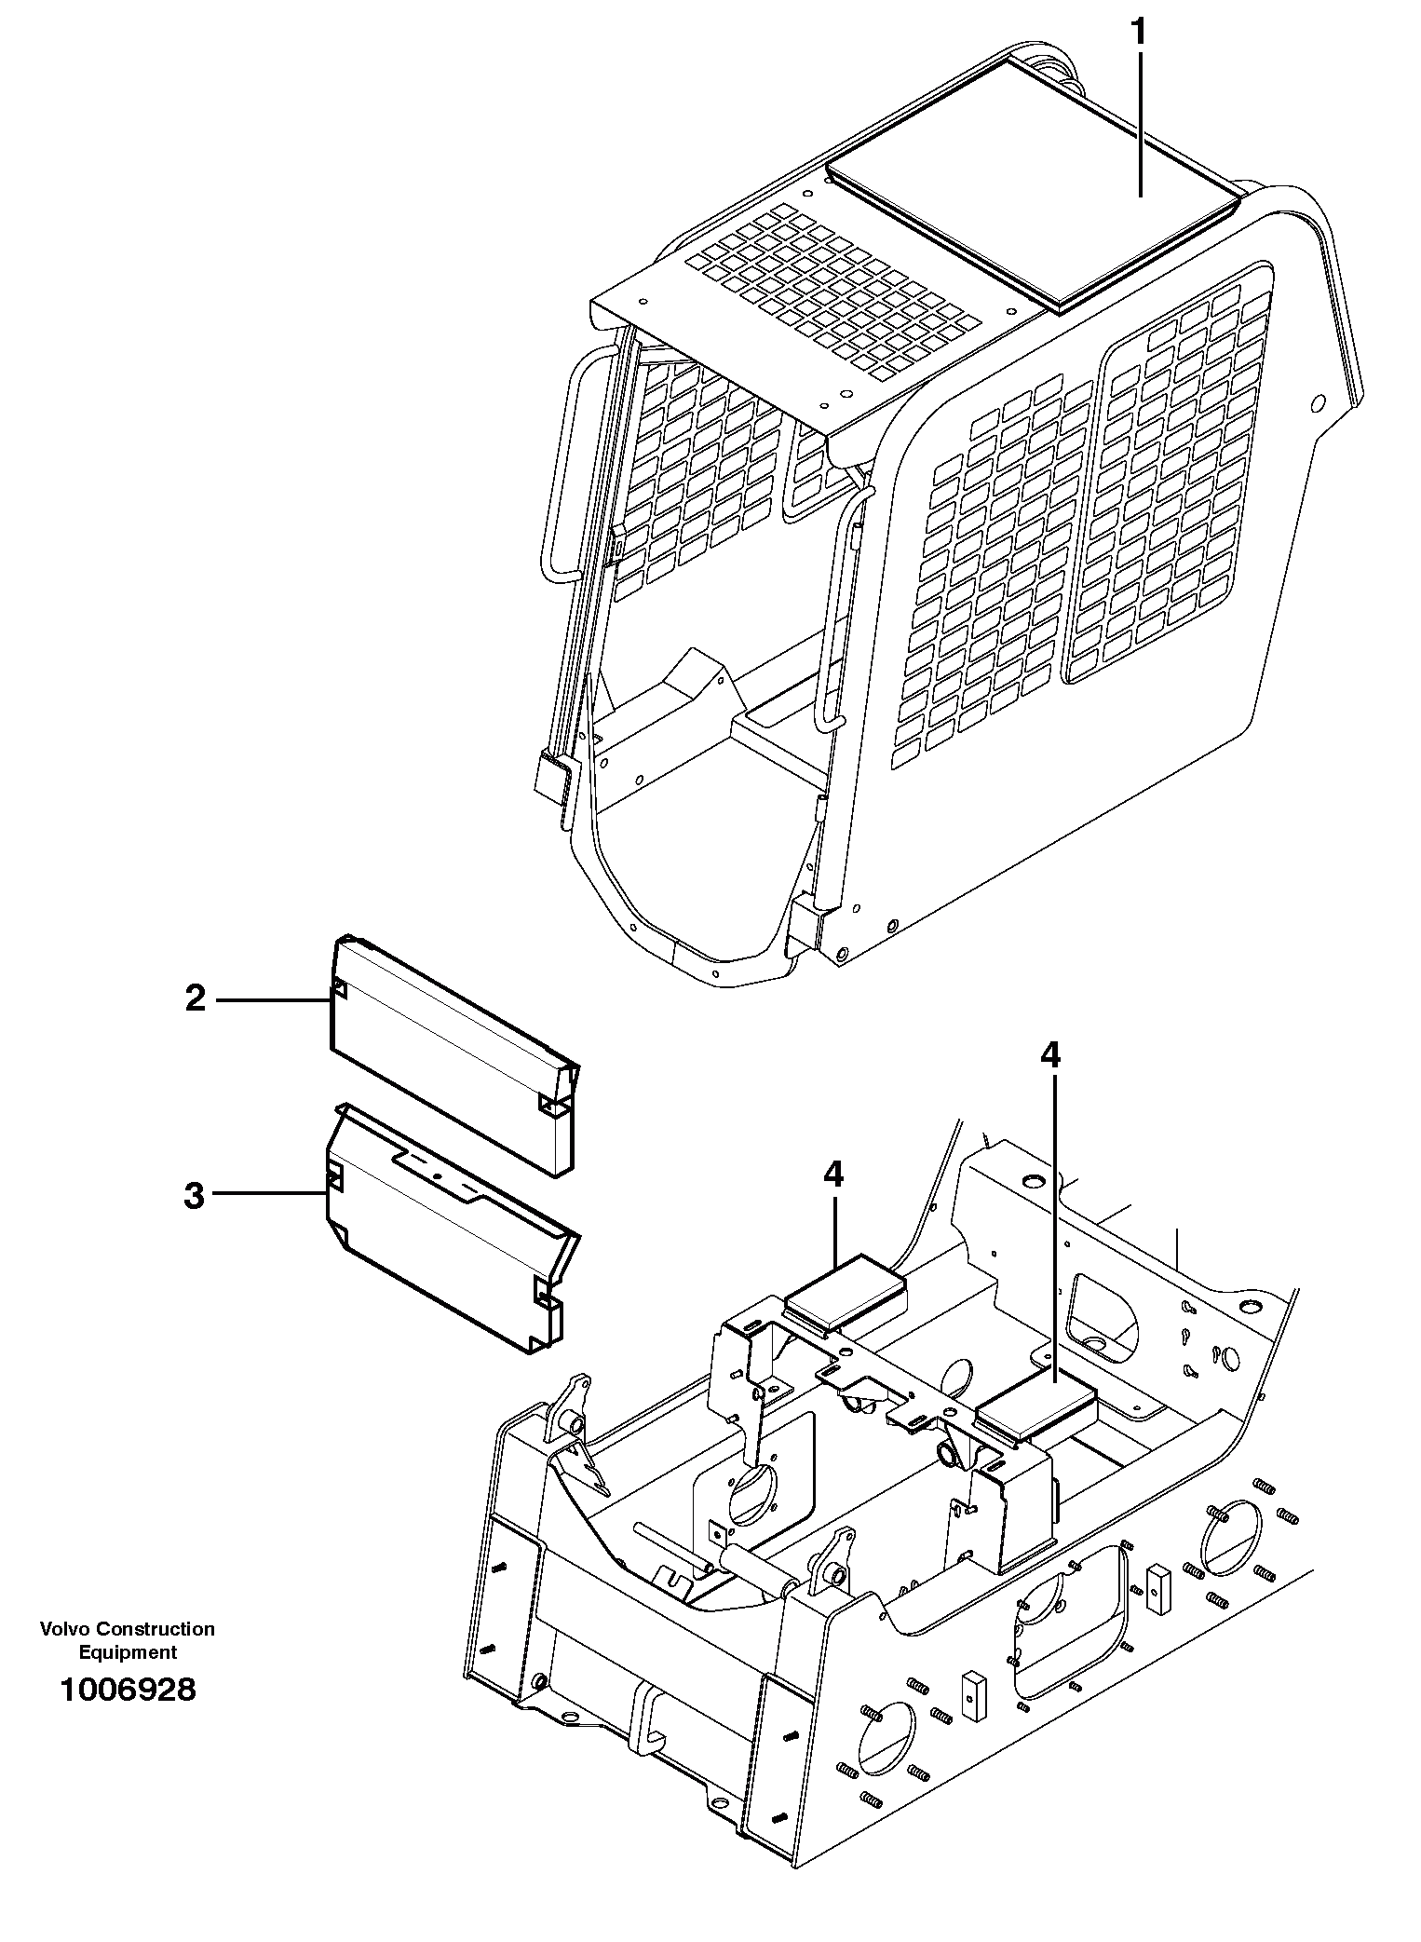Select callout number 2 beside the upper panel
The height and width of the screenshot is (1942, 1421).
(x=195, y=999)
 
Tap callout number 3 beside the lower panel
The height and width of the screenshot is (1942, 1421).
(x=194, y=1195)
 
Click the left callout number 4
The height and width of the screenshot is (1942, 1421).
(x=833, y=1175)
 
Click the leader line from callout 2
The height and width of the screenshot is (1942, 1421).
(x=275, y=1000)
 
